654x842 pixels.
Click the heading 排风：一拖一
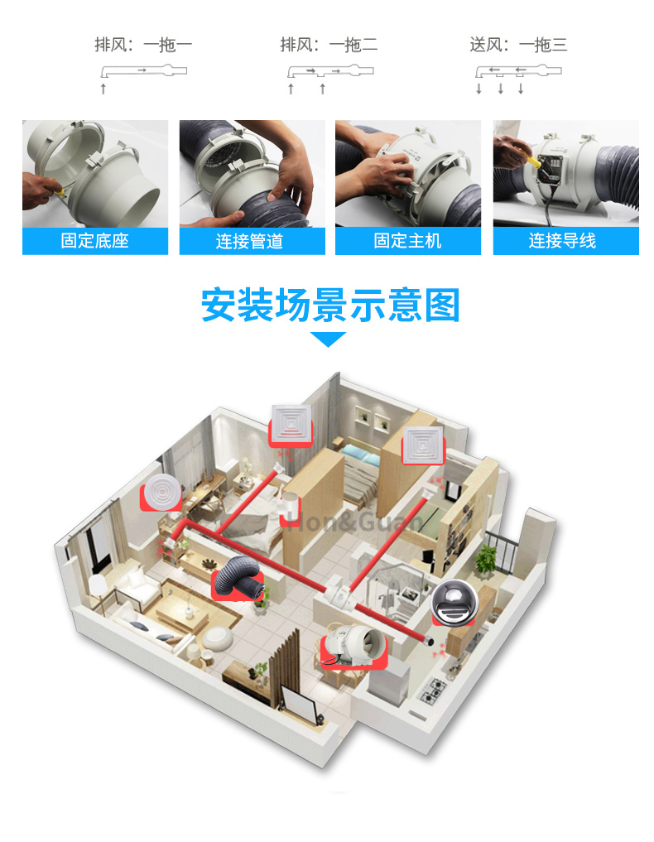coord(143,44)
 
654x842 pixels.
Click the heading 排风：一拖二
coord(329,44)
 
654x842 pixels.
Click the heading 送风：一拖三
coord(519,44)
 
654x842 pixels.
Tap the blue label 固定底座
coord(95,241)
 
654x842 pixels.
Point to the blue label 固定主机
coord(407,241)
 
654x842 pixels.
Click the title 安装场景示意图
coord(330,305)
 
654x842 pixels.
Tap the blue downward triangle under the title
coord(328,339)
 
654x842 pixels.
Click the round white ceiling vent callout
coord(162,493)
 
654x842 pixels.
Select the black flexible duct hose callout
coord(240,579)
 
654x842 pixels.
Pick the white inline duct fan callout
coord(353,644)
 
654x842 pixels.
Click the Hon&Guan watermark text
coord(354,520)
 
